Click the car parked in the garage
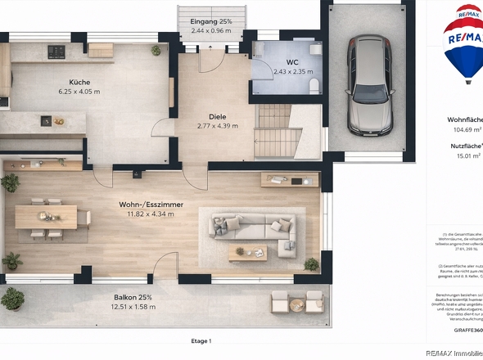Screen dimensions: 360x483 click(369, 86)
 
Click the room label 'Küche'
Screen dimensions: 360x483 click(79, 82)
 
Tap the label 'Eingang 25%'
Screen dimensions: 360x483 click(211, 21)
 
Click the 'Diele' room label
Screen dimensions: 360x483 click(217, 115)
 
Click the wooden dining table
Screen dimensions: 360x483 click(47, 217)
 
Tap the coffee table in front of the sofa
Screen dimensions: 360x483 click(247, 254)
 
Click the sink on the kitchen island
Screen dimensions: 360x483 click(47, 121)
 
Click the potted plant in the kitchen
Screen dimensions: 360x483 click(156, 51)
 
